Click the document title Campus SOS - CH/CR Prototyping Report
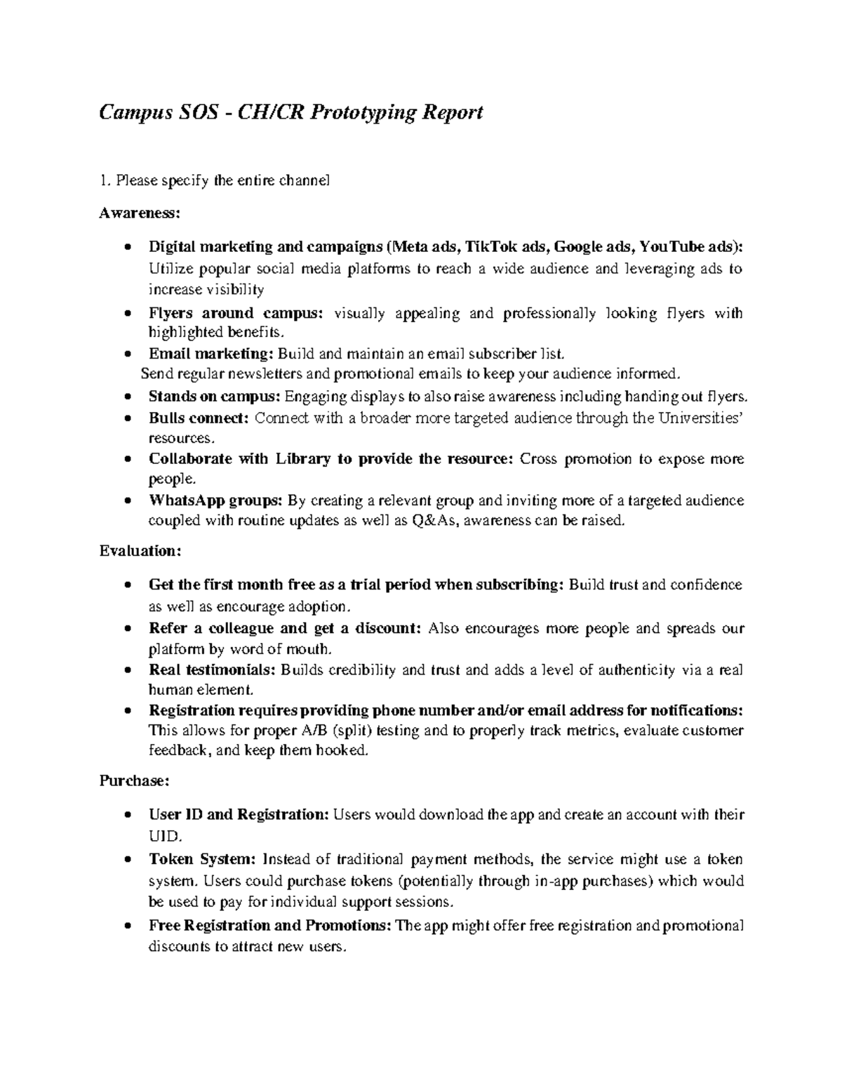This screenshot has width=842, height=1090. [x=290, y=112]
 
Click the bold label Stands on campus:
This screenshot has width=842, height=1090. [x=215, y=397]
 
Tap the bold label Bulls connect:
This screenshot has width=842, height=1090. [x=199, y=418]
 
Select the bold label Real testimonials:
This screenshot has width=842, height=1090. [x=213, y=670]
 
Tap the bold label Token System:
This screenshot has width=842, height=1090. [x=203, y=859]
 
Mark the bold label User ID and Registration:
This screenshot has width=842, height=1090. [x=239, y=814]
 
